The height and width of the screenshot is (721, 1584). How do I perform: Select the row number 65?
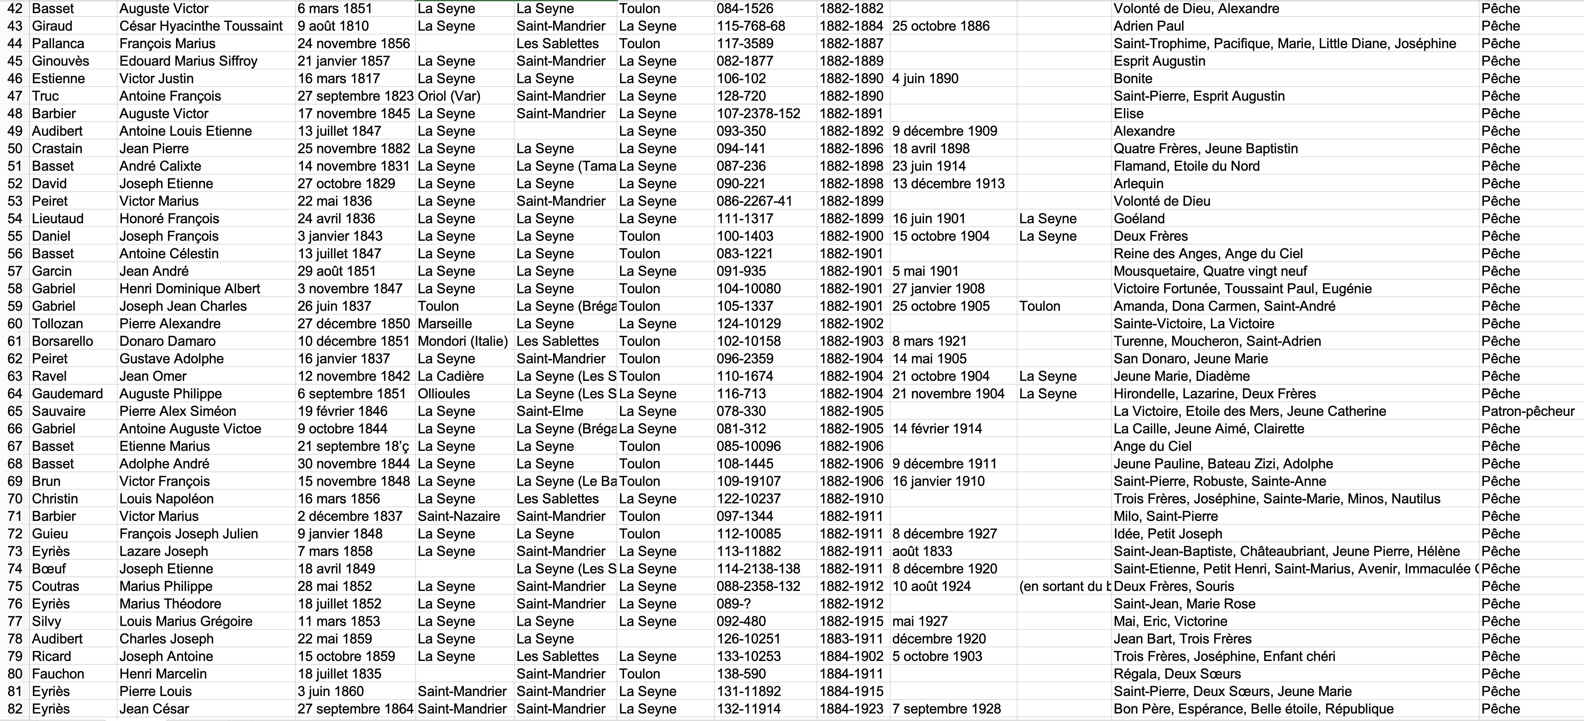(15, 411)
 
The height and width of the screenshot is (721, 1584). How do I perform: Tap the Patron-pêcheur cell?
(1527, 411)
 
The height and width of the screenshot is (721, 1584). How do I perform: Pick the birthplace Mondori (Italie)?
(462, 341)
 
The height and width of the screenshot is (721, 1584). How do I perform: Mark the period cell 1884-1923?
(851, 709)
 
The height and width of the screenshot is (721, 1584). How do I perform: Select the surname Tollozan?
(57, 323)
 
